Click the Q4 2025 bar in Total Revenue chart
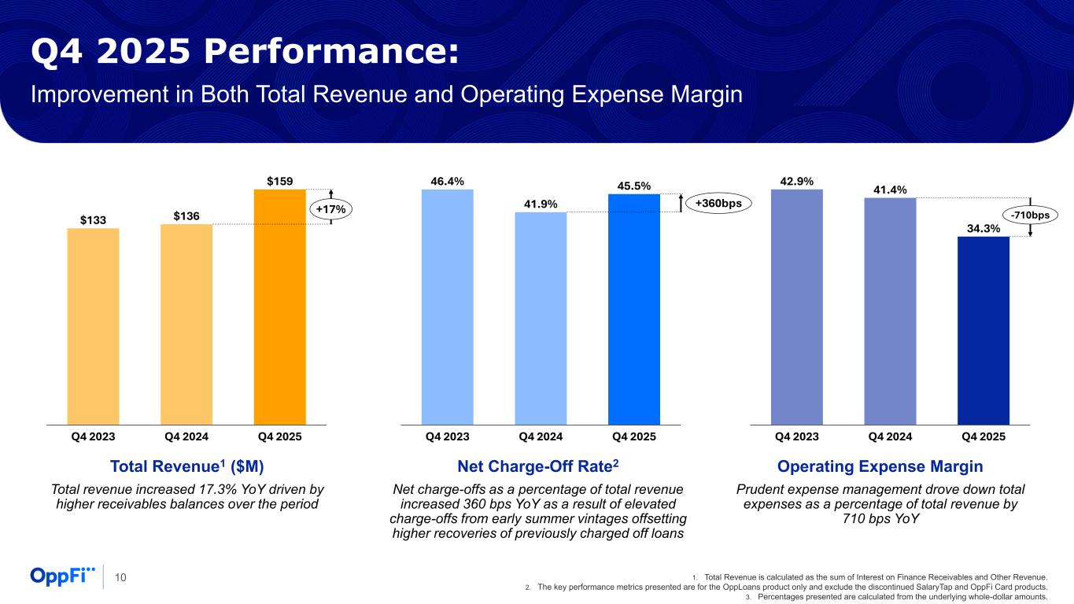(279, 307)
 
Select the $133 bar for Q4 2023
(93, 326)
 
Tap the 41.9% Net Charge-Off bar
(541, 319)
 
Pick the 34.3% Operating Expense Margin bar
(983, 330)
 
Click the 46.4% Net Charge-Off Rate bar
(447, 307)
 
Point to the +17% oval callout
(330, 209)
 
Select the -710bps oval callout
(1030, 215)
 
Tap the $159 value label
(280, 181)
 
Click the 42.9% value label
(796, 181)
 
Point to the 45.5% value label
(634, 186)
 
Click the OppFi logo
(63, 576)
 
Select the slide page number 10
(121, 578)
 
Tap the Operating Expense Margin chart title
(880, 466)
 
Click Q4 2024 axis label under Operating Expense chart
(890, 436)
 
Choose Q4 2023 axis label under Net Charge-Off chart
(447, 436)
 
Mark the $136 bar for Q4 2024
(186, 324)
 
